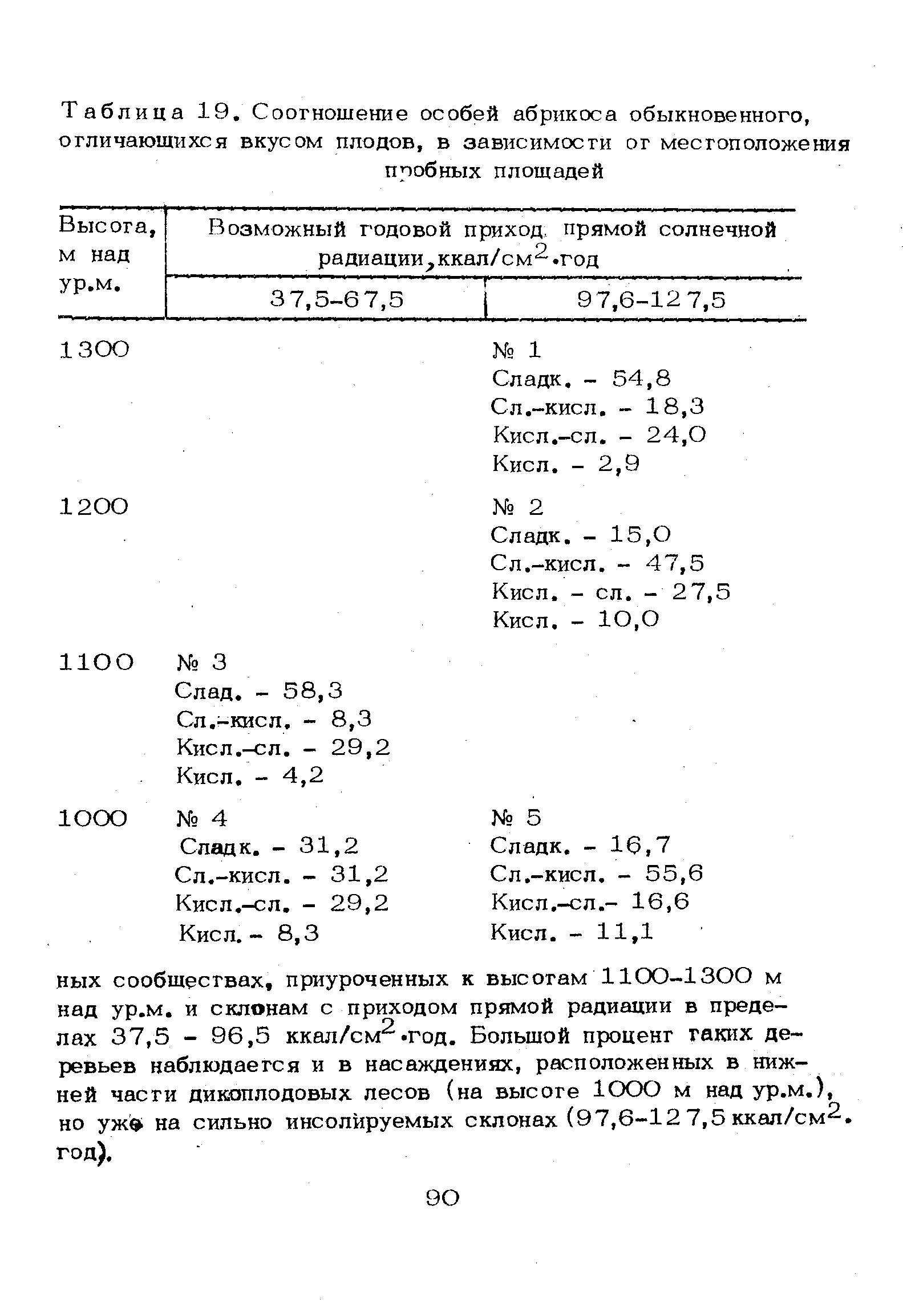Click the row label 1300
(94, 350)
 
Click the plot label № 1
(516, 350)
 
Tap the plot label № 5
(516, 818)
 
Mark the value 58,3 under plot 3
(313, 691)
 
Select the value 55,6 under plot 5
(675, 874)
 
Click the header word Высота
(108, 226)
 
